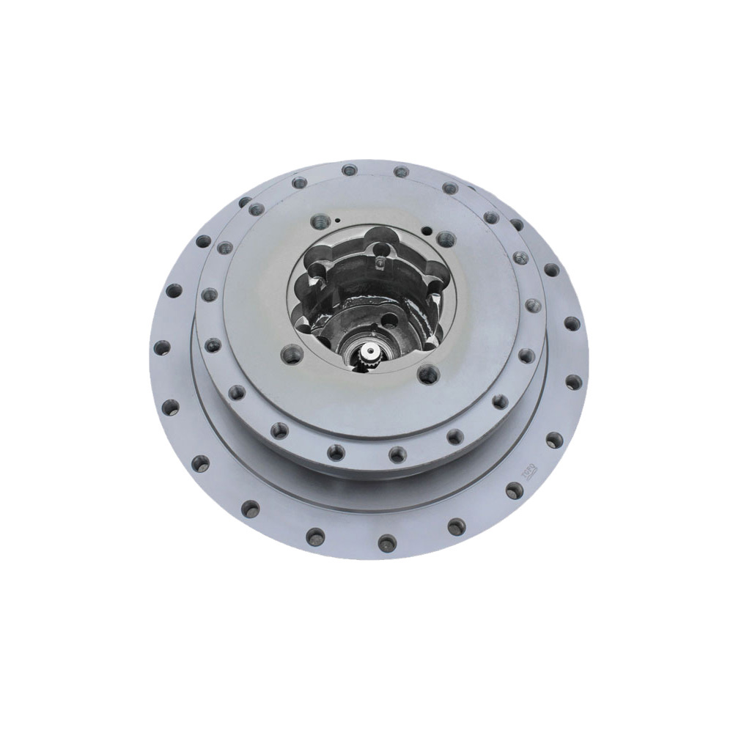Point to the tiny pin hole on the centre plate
(338, 220)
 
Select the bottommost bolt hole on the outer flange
(386, 542)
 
